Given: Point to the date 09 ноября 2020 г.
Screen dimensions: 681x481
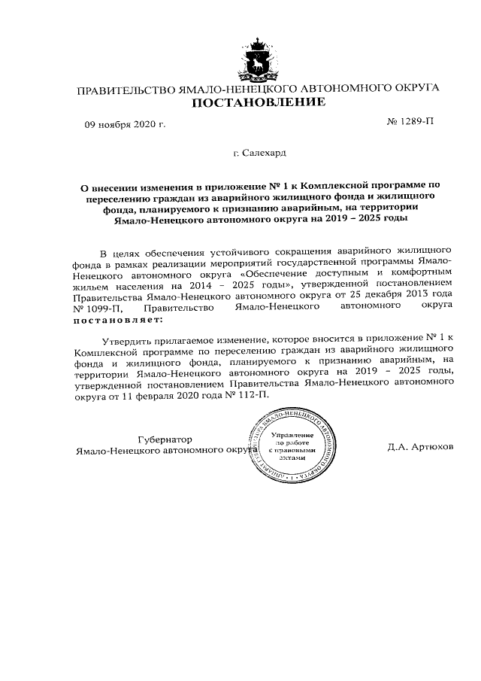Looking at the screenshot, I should click(x=124, y=123).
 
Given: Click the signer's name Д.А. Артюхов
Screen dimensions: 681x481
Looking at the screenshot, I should click(x=421, y=446).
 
